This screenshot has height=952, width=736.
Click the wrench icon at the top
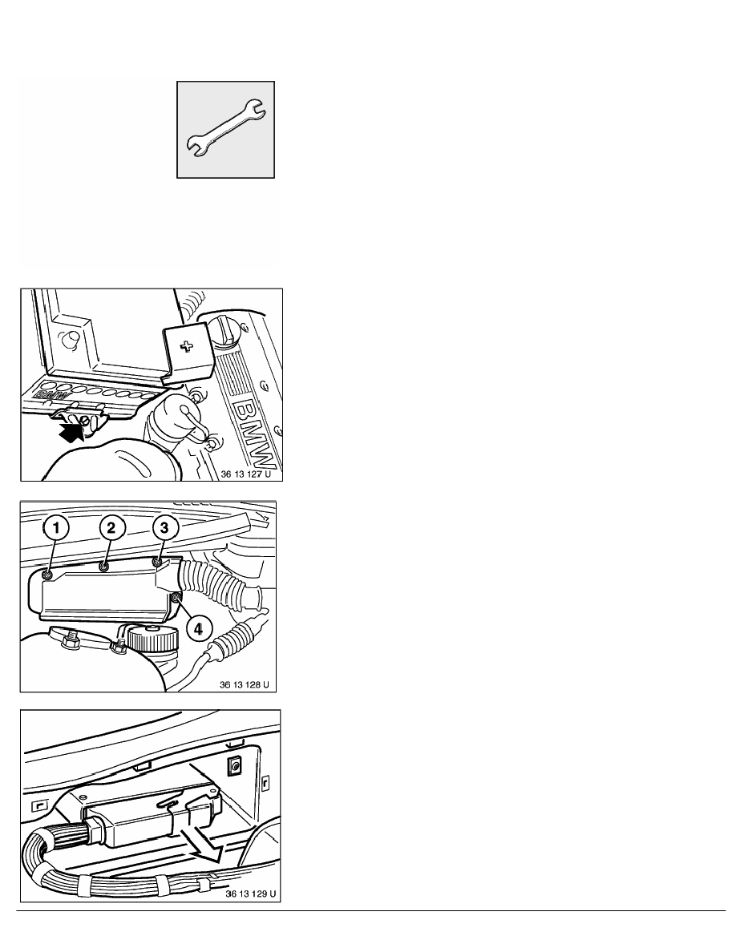[225, 129]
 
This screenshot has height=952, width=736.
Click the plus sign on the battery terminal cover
[188, 347]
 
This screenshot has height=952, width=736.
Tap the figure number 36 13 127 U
[245, 474]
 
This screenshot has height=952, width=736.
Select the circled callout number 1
[56, 528]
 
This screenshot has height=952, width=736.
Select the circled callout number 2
[111, 528]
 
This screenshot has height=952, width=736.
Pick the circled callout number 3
[164, 528]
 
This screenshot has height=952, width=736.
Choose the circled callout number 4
[199, 628]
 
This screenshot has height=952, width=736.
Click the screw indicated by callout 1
[49, 575]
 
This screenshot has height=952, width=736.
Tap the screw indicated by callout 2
[104, 567]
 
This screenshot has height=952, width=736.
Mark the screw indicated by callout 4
[176, 599]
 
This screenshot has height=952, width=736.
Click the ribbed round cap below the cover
[154, 638]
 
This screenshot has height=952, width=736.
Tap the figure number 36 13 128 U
[244, 684]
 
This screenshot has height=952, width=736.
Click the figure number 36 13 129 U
[251, 894]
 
